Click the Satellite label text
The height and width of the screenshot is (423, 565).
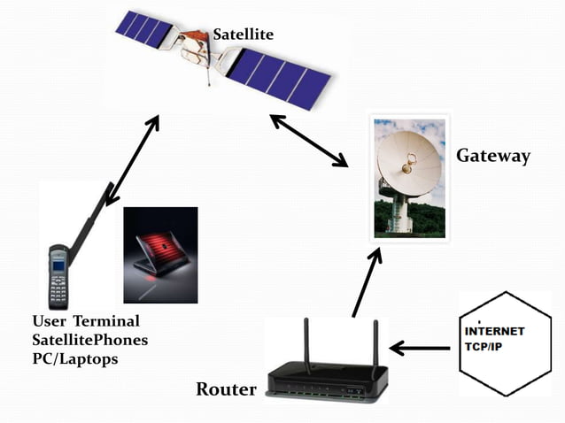pyautogui.click(x=243, y=35)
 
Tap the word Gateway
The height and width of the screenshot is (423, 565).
pyautogui.click(x=492, y=157)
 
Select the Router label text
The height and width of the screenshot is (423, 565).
pyautogui.click(x=226, y=388)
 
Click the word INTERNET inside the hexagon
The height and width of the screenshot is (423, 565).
pyautogui.click(x=495, y=330)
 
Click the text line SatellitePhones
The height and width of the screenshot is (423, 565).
pyautogui.click(x=89, y=341)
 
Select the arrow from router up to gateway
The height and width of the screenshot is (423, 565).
pyautogui.click(x=367, y=282)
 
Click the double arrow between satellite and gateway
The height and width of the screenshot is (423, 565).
pyautogui.click(x=309, y=140)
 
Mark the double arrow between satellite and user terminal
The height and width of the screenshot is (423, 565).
pyautogui.click(x=132, y=160)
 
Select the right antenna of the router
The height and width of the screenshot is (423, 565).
pyautogui.click(x=375, y=347)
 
